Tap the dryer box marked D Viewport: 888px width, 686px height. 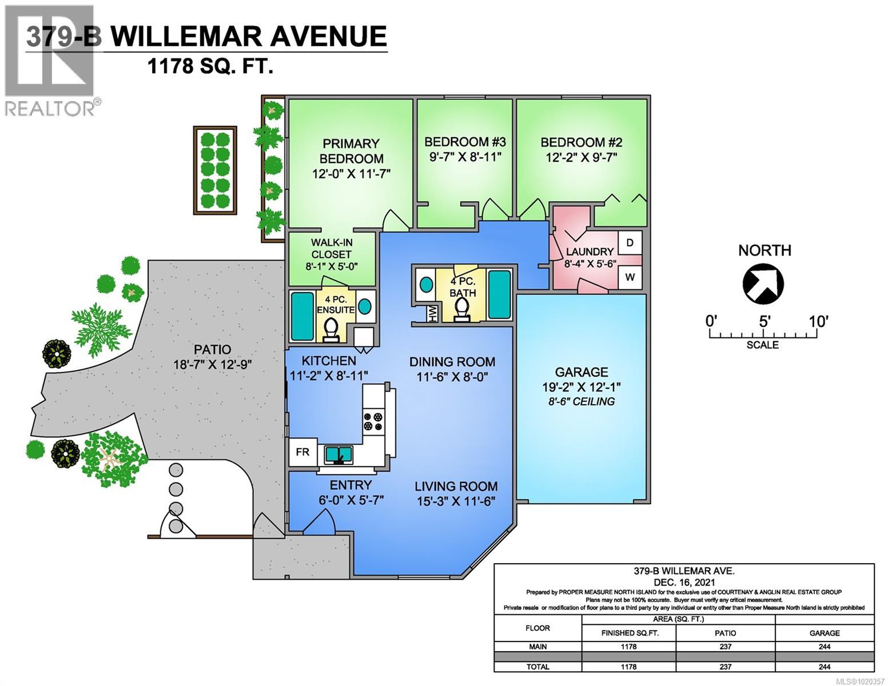(630, 242)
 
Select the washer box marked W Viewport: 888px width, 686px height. (630, 277)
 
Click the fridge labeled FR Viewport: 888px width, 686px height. (302, 452)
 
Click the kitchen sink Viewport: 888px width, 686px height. (339, 455)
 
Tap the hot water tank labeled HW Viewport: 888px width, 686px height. (432, 313)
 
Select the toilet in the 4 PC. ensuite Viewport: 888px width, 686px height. (330, 329)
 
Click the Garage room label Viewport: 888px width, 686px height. (581, 372)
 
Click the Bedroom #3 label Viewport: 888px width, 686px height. (465, 142)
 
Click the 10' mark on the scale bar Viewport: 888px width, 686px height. (818, 322)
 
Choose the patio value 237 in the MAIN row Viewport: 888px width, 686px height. (725, 647)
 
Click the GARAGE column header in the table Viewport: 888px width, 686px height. (824, 633)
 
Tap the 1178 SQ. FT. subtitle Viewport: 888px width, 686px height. (210, 66)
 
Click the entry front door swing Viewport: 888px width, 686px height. (318, 520)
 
